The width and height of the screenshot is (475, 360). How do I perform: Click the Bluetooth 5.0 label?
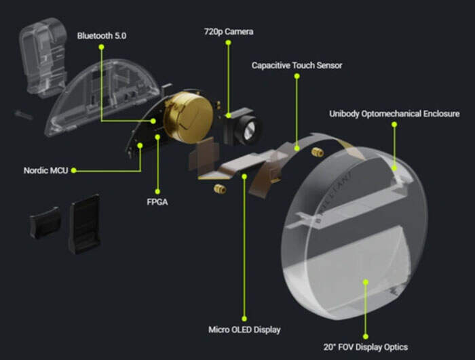102,36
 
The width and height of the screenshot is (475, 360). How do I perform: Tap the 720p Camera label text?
229,31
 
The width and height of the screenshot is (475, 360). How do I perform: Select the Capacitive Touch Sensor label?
297,65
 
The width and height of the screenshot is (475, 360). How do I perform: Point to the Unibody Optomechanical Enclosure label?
394,114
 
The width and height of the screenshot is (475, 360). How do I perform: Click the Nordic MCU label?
46,170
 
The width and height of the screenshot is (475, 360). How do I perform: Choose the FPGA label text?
157,202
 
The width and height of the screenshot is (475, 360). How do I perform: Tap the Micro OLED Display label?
244,329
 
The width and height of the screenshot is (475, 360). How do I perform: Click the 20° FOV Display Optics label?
365,347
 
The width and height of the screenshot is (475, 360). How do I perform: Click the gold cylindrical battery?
189,117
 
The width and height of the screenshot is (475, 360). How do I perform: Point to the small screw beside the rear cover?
23,115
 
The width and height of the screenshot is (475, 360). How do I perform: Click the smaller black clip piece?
45,222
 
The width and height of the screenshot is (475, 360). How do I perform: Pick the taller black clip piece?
85,224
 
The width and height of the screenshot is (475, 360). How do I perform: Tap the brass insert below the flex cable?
220,189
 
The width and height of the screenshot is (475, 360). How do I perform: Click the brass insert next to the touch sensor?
317,152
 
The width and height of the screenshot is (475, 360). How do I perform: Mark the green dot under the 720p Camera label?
229,43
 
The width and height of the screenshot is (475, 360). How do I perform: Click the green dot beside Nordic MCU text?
73,170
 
